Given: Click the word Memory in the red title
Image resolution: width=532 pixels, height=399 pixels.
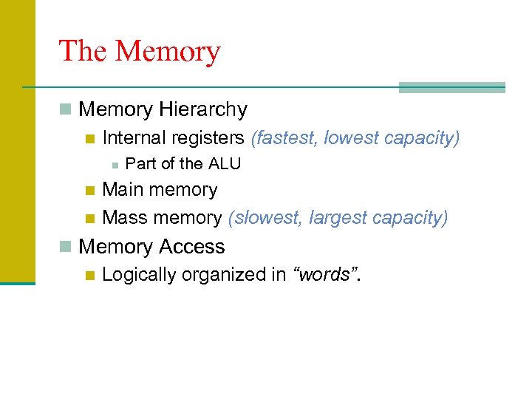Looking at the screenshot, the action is point(168,52).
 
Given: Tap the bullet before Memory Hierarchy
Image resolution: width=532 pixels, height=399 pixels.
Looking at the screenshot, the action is point(66,110).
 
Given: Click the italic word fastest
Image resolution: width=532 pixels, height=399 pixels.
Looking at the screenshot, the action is point(286,138).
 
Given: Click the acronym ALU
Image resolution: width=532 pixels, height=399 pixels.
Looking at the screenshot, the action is point(224,164).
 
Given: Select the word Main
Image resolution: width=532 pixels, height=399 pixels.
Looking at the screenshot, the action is point(123,190).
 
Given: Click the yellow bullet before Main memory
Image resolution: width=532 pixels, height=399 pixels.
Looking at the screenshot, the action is point(90,191).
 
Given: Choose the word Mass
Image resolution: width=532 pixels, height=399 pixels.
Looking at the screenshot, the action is point(124,218).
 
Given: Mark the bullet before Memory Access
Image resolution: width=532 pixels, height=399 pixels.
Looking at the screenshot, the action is point(66,247).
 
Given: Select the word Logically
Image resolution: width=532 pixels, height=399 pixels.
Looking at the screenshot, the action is point(137,275).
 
